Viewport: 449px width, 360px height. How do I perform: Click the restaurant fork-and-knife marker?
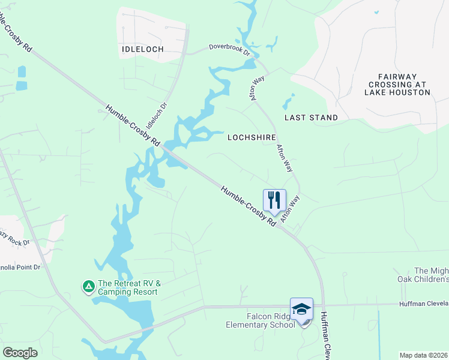[274, 200]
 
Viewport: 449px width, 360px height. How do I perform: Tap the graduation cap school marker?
[301, 309]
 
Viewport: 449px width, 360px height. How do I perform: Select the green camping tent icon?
[88, 287]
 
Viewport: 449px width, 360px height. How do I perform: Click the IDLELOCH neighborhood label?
[143, 49]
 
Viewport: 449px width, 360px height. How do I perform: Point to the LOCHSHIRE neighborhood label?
[252, 137]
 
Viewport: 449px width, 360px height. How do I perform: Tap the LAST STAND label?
[311, 118]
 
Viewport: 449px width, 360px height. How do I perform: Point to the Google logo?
[20, 353]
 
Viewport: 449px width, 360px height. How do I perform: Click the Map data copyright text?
[423, 355]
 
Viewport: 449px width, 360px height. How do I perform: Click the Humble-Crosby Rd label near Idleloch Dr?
[133, 126]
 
